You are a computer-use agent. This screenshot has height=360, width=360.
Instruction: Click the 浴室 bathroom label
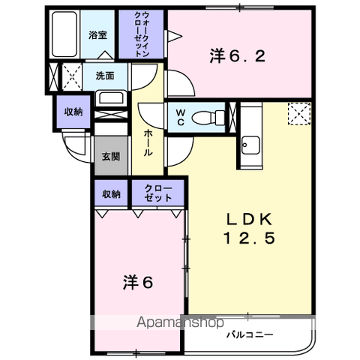click(97, 35)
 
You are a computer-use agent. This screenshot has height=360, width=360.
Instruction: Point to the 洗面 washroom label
click(104, 76)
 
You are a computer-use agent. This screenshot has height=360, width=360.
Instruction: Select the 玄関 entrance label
click(110, 157)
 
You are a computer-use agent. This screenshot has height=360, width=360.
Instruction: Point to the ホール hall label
click(148, 141)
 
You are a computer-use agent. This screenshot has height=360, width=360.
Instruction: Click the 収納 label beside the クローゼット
click(111, 194)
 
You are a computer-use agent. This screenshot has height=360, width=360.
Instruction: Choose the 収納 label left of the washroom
click(73, 112)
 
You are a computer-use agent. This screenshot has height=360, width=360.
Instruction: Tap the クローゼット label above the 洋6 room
click(156, 194)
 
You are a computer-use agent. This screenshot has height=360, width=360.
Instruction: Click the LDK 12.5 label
click(250, 229)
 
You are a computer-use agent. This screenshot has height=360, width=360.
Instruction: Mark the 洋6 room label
click(138, 283)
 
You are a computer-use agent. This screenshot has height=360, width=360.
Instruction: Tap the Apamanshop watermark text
click(180, 323)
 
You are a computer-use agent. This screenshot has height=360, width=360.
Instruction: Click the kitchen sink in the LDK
click(250, 143)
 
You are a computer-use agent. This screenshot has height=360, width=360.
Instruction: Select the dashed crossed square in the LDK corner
click(298, 113)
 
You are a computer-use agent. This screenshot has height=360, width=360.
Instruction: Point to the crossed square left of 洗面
click(72, 76)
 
